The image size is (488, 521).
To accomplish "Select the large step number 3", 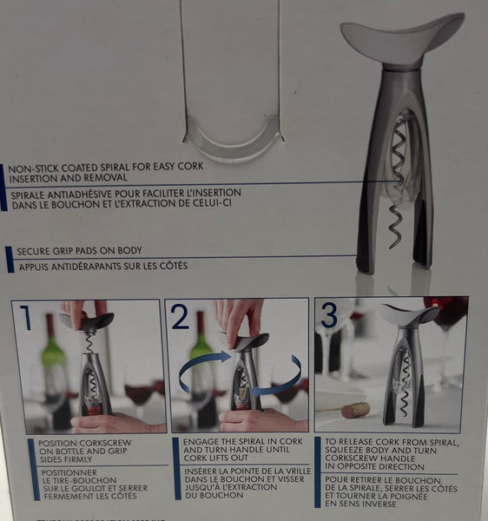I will (329, 314).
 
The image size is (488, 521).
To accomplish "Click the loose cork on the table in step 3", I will (355, 409).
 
